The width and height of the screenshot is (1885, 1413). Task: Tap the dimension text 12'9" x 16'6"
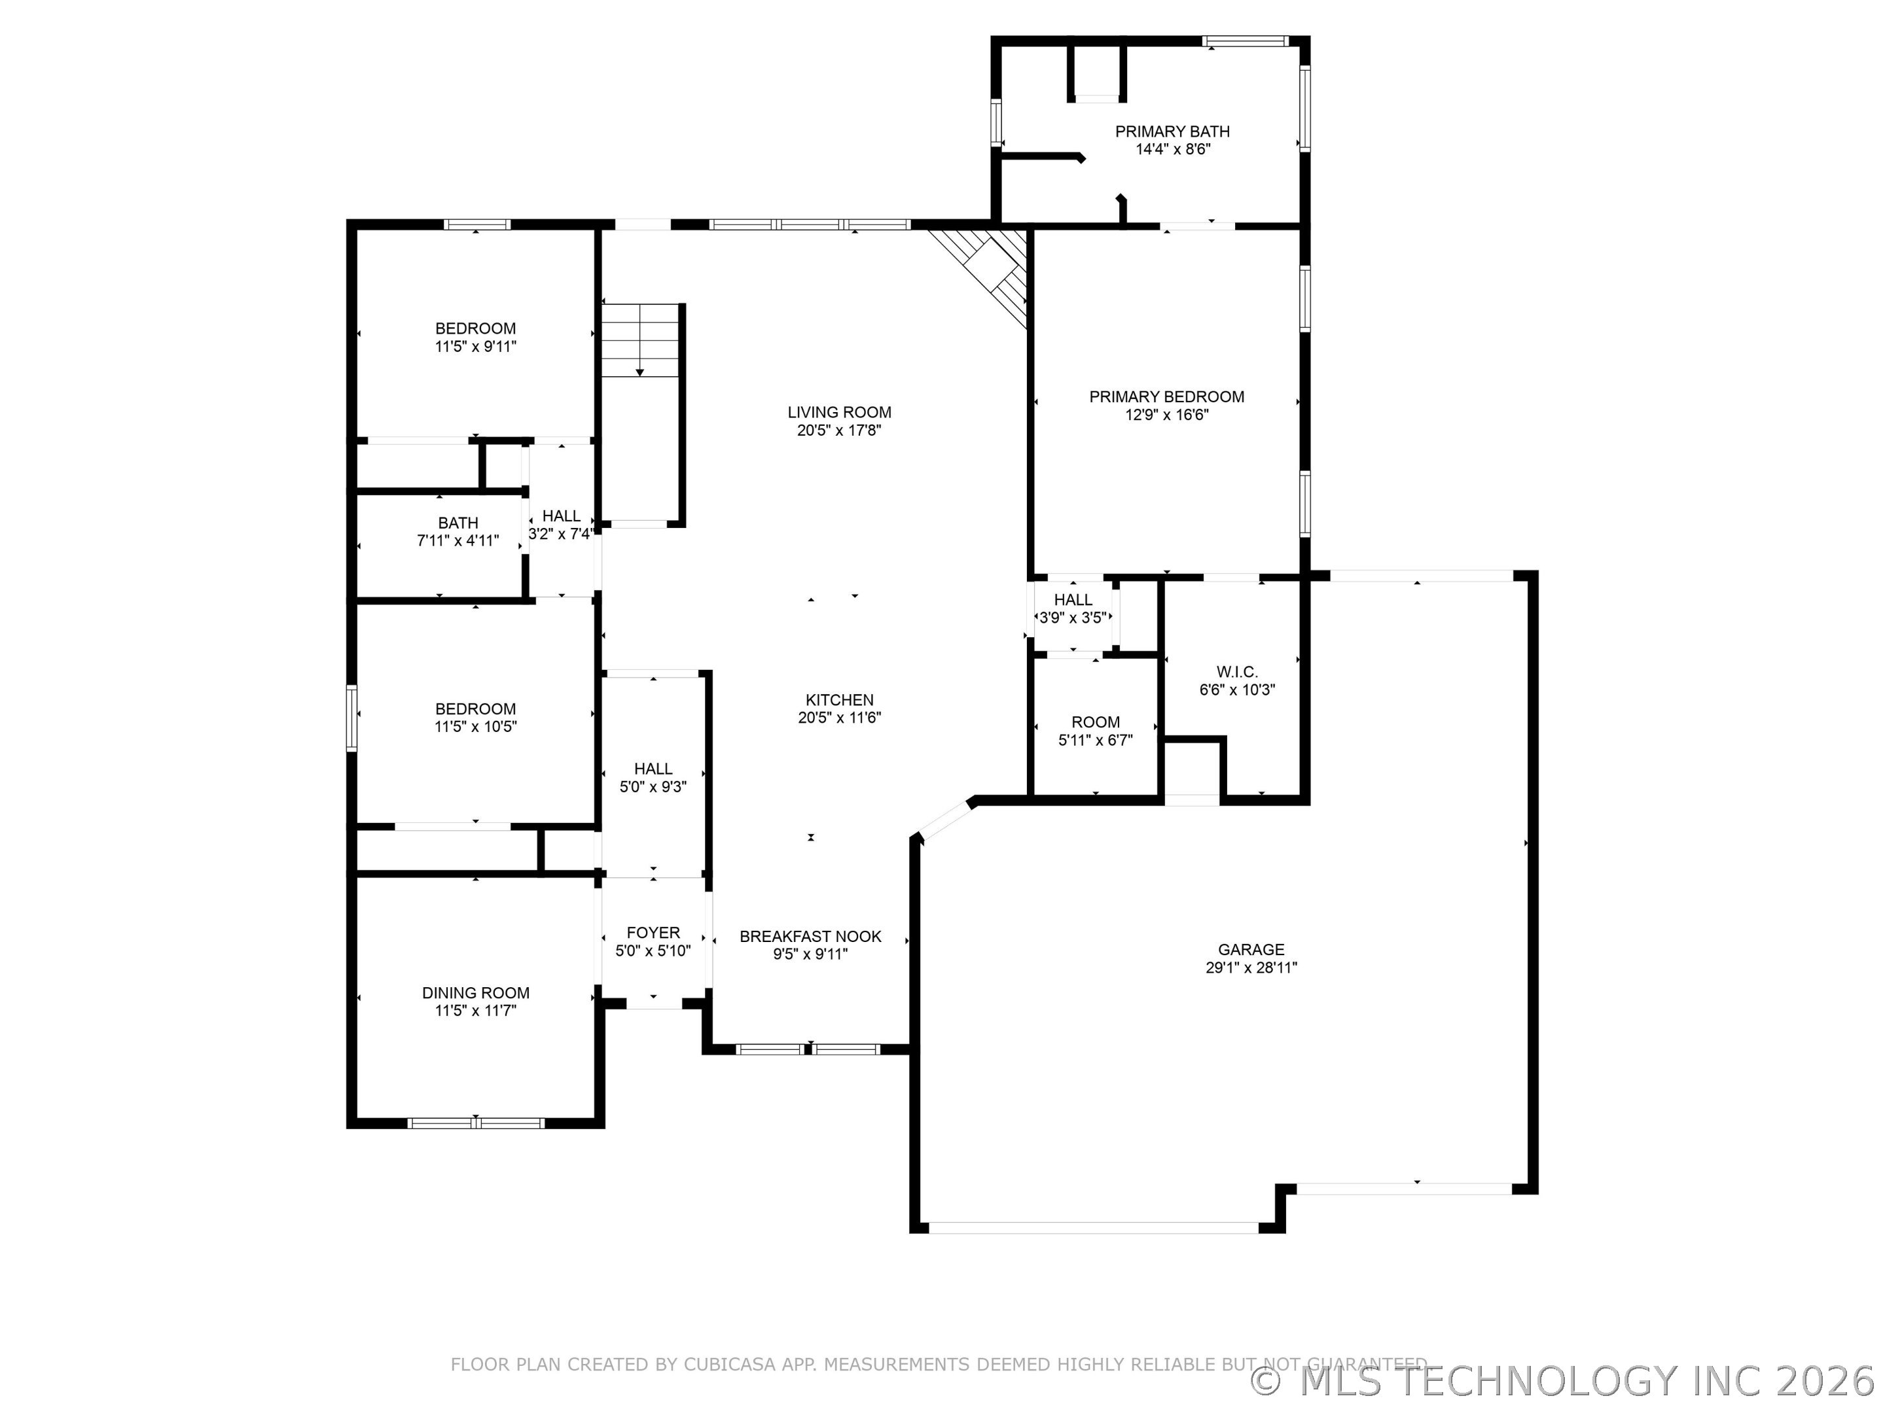tap(1166, 415)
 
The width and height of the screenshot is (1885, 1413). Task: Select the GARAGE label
tap(1251, 949)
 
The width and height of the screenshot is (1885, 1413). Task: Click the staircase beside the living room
tap(641, 341)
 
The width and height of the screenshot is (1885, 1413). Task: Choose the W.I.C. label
tap(1236, 672)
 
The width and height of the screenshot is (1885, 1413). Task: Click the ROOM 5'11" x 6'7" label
tap(1095, 731)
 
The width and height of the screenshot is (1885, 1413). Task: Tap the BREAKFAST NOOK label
tap(810, 936)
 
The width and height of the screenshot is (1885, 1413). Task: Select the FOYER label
tap(654, 933)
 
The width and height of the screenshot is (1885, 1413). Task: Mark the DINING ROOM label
tap(476, 992)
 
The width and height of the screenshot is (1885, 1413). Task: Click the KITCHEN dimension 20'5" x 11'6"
tap(839, 718)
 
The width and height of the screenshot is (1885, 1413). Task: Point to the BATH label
tap(458, 523)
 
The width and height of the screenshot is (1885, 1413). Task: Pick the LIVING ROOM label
tap(839, 412)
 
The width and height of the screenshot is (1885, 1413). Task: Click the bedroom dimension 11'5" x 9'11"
tap(476, 347)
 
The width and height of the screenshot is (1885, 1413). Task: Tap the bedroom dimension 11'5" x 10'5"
tap(476, 727)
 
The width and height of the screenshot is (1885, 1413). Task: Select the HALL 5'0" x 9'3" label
tap(654, 778)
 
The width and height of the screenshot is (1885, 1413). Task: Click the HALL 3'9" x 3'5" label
tap(1073, 609)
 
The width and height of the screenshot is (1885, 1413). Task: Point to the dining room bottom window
tap(476, 1123)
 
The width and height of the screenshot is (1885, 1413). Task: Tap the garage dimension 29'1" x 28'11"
tap(1251, 968)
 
